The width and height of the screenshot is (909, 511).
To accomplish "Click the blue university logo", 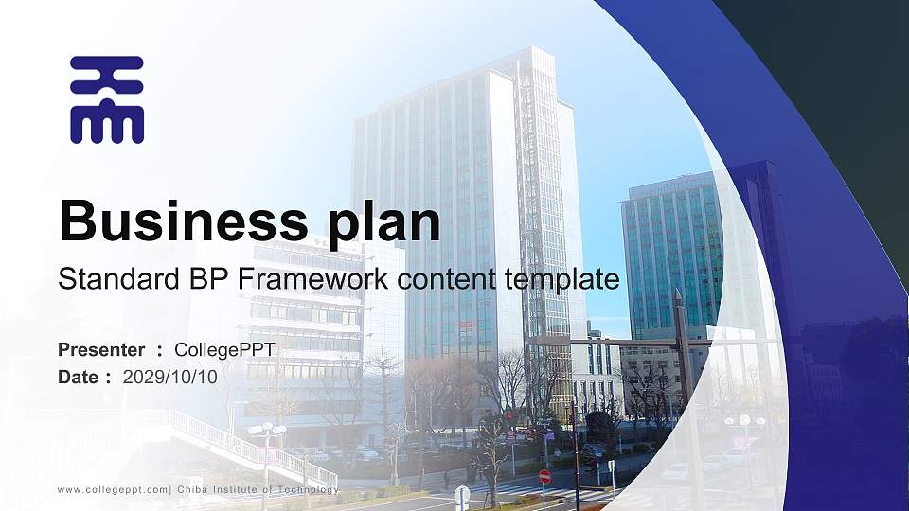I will (x=107, y=99).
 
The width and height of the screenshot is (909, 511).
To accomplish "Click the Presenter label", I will (x=101, y=350).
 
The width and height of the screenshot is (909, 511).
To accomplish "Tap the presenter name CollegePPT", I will (x=224, y=350).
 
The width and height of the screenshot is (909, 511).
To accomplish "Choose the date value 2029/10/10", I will (x=169, y=377).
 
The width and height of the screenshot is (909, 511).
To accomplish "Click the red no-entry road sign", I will (x=544, y=476).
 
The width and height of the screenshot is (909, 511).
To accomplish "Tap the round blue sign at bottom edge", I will (x=461, y=494).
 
